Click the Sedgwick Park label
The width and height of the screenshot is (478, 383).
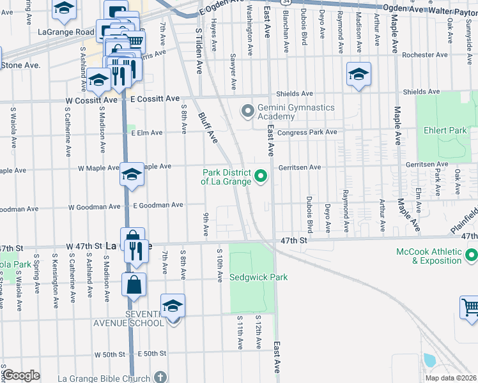tap(259, 277)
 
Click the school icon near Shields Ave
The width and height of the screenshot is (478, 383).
tap(358, 74)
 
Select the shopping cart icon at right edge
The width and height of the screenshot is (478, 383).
tap(470, 308)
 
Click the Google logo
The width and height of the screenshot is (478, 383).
tap(21, 375)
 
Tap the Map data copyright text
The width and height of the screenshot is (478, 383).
tap(451, 378)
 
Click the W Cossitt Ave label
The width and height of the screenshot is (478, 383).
tap(91, 100)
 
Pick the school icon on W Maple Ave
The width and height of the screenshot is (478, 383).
tap(132, 175)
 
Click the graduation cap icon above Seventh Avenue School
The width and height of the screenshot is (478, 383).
tap(173, 306)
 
